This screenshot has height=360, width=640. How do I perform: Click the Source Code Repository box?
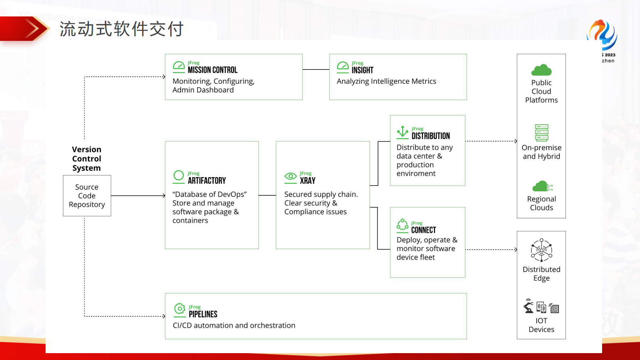[87, 196]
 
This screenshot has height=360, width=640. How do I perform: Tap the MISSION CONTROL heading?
[213, 70]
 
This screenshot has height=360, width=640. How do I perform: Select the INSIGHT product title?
[362, 70]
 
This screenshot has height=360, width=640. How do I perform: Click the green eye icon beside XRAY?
[290, 176]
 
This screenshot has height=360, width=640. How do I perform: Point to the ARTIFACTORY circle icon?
[179, 176]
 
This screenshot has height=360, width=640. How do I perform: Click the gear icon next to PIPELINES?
[179, 309]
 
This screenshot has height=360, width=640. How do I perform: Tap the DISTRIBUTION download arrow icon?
[402, 132]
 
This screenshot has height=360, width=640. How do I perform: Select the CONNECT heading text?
[423, 230]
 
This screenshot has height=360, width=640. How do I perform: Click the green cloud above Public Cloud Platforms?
[541, 70]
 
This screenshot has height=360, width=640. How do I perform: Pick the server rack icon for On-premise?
[542, 133]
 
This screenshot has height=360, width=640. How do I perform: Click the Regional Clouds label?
[541, 203]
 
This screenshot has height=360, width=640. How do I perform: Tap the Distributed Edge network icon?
[541, 250]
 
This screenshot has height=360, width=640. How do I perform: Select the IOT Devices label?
[541, 325]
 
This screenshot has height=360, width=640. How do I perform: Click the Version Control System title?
[87, 159]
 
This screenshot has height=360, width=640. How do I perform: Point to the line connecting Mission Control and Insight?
[316, 69]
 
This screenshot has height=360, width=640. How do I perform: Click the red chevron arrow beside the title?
[32, 29]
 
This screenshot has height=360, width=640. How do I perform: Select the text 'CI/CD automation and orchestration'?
[234, 325]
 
